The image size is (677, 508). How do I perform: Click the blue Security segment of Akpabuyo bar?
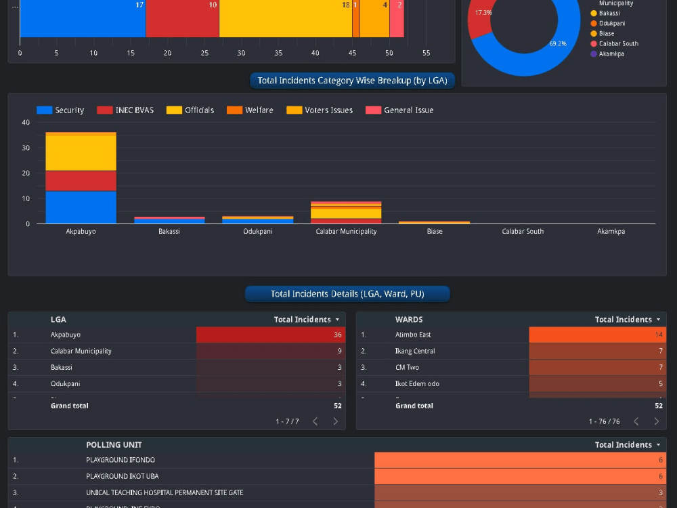click(81, 207)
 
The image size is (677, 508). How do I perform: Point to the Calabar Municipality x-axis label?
click(346, 232)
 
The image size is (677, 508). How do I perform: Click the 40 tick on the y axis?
click(26, 123)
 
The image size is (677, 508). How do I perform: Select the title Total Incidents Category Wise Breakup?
click(352, 81)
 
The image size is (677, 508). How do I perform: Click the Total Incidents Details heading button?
click(347, 294)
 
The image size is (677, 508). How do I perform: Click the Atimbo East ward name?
click(413, 335)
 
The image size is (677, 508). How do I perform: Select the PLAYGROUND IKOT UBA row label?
click(122, 476)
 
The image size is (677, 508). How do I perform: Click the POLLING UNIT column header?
click(114, 445)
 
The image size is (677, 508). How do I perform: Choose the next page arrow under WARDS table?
click(656, 421)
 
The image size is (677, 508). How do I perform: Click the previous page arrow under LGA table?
click(315, 421)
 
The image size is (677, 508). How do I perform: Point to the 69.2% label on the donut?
click(558, 44)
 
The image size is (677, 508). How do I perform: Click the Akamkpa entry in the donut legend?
click(611, 54)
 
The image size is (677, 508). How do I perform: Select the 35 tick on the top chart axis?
click(278, 53)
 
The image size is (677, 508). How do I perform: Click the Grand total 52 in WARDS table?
click(658, 406)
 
